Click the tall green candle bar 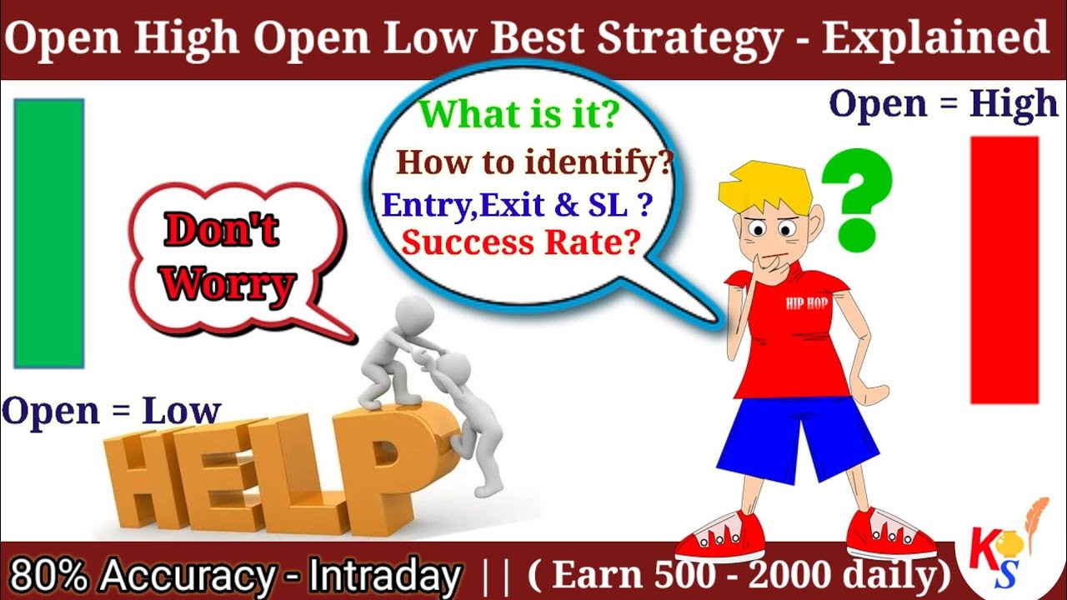click(49, 233)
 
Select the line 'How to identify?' click(534, 162)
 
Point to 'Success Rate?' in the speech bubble click(521, 242)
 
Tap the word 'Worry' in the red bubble click(228, 285)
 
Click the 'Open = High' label click(943, 104)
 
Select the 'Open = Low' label click(111, 411)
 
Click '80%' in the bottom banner click(42, 576)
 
